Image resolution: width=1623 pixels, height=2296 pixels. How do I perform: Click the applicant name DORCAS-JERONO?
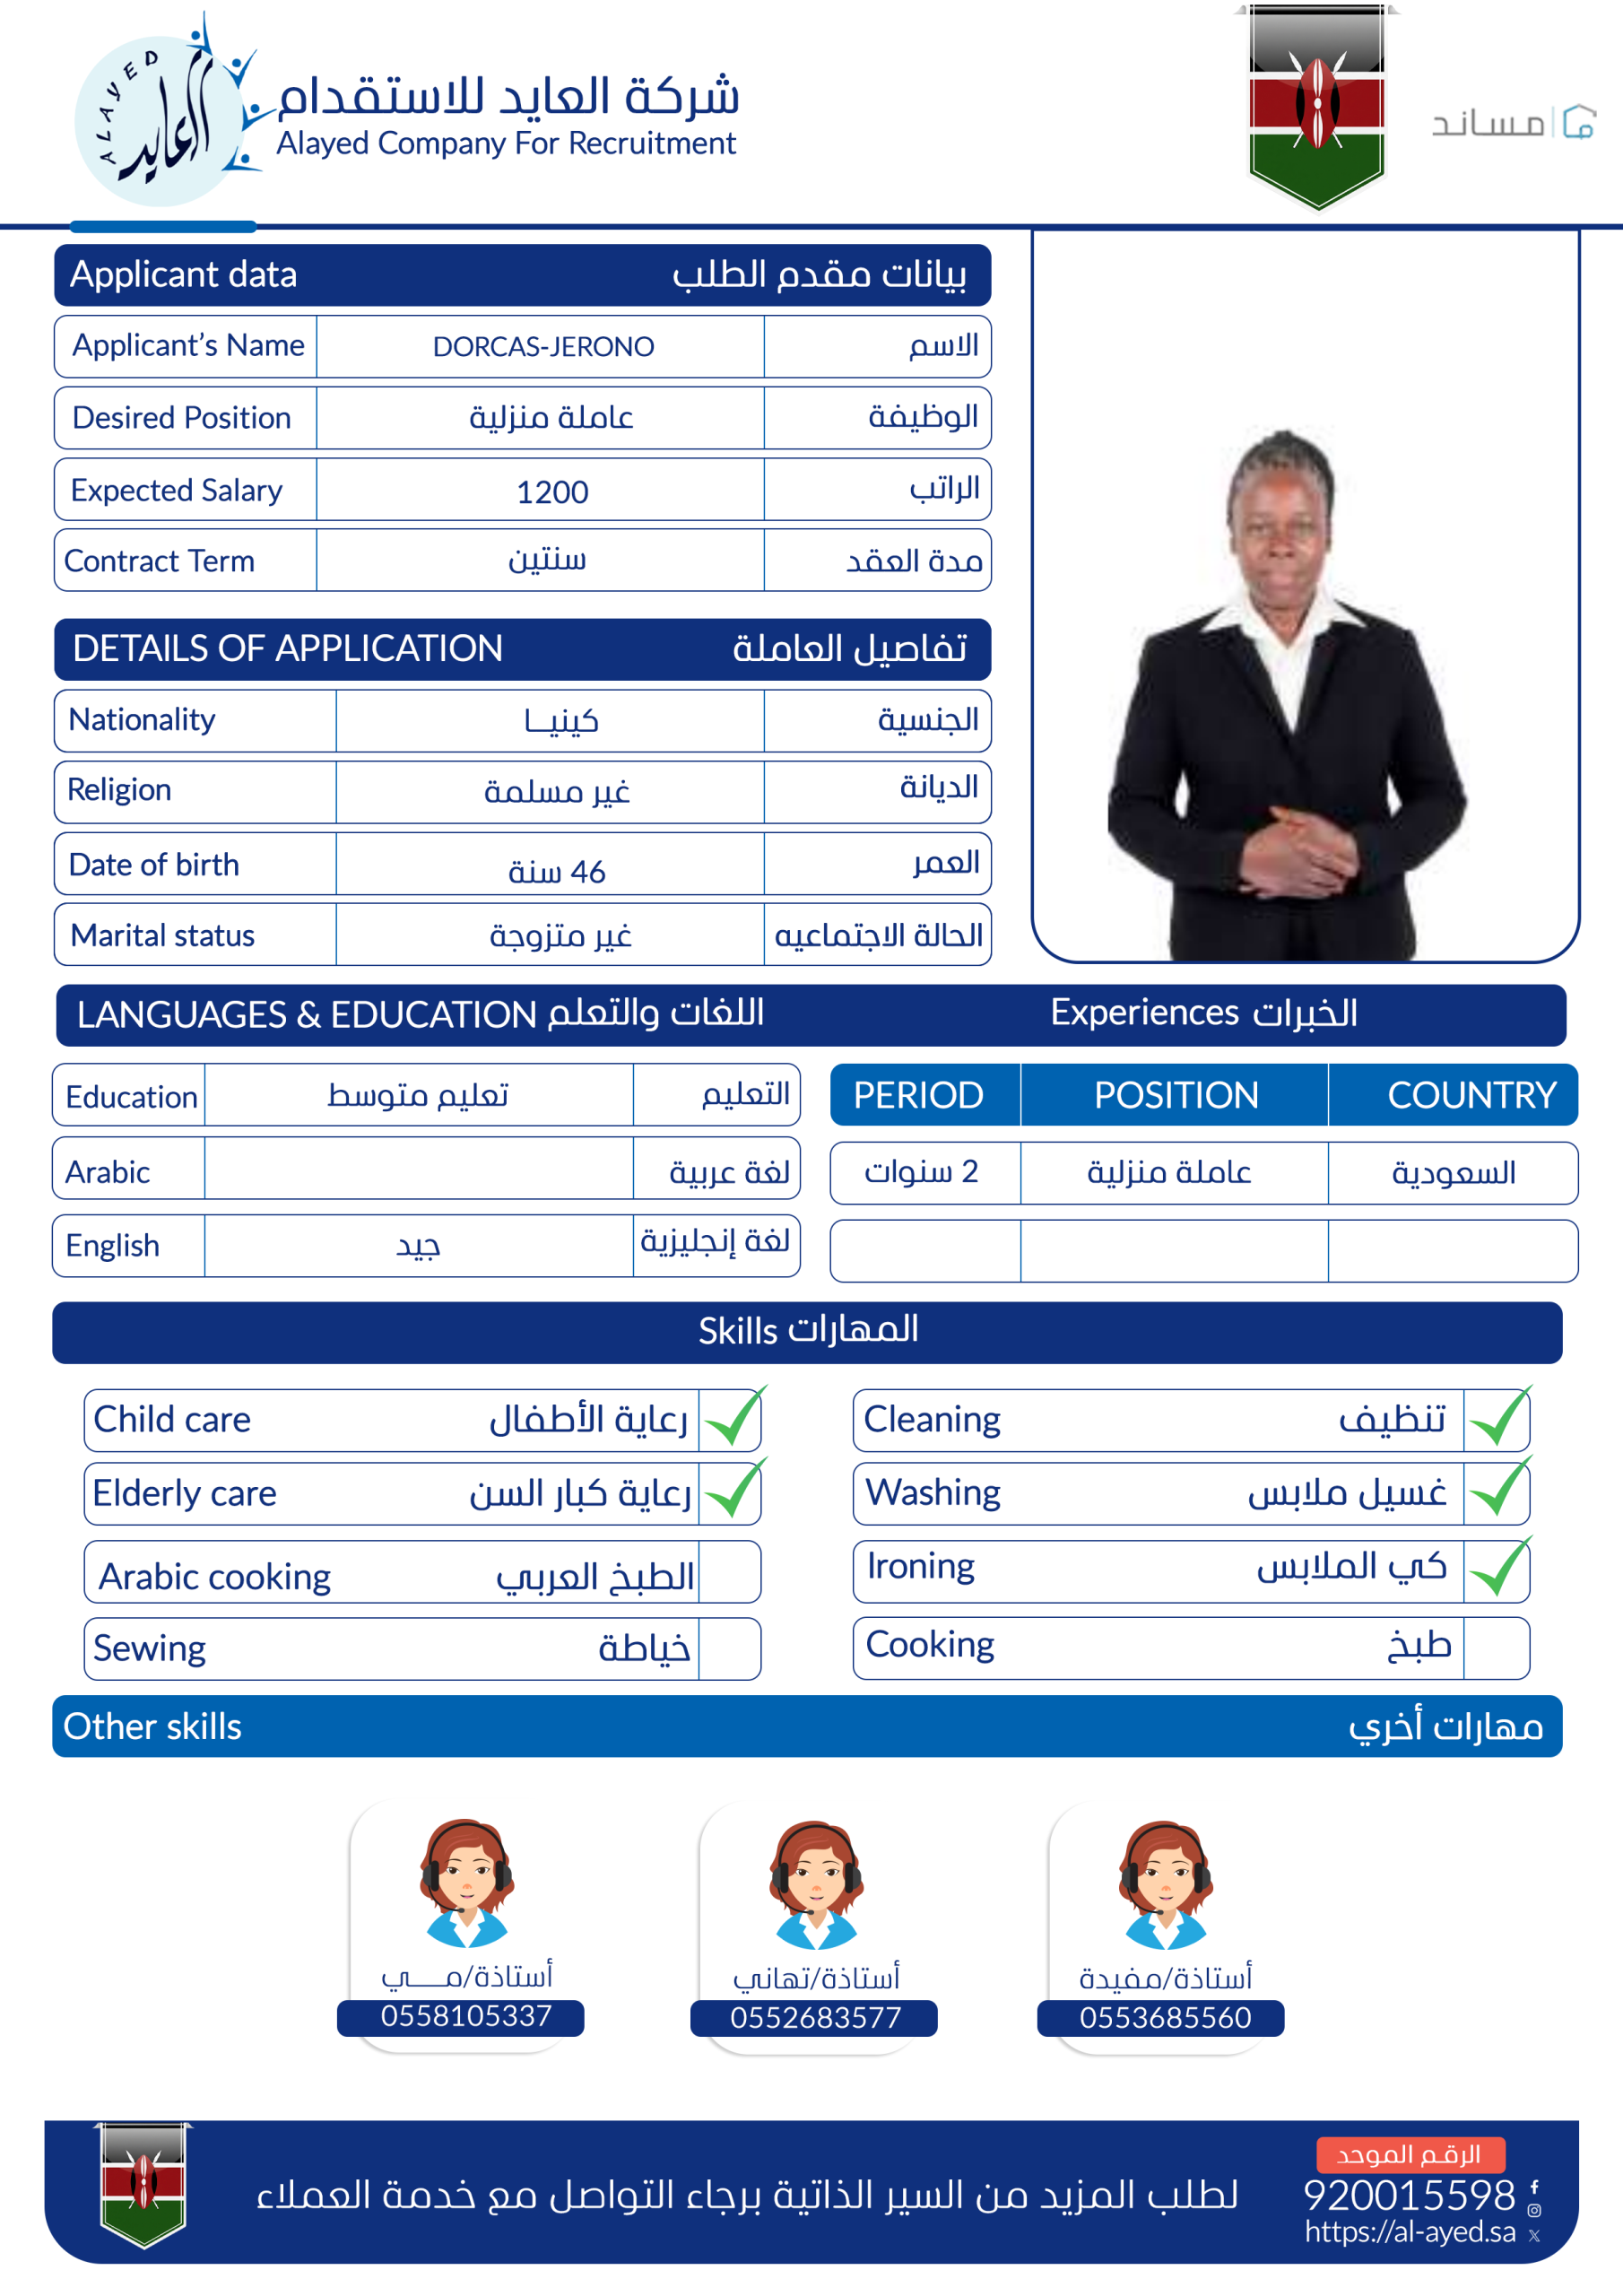543,347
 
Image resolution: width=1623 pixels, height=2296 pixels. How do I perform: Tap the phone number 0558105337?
465,2016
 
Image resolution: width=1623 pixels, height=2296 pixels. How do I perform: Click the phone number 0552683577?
815,2018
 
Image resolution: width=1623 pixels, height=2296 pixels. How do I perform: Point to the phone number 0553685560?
1165,2018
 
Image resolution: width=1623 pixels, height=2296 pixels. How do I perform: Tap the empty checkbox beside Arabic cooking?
729,1573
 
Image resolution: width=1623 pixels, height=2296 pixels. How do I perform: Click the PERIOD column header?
918,1095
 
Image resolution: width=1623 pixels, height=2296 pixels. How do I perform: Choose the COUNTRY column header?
1470,1095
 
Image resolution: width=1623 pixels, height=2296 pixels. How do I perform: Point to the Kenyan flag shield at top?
1317,105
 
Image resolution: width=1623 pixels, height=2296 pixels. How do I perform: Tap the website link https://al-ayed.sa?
1410,2232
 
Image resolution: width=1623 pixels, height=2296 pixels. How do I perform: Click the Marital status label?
163,936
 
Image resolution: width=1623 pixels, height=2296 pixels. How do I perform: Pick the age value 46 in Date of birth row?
556,872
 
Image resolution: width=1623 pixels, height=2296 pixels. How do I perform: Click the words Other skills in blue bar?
153,1727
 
